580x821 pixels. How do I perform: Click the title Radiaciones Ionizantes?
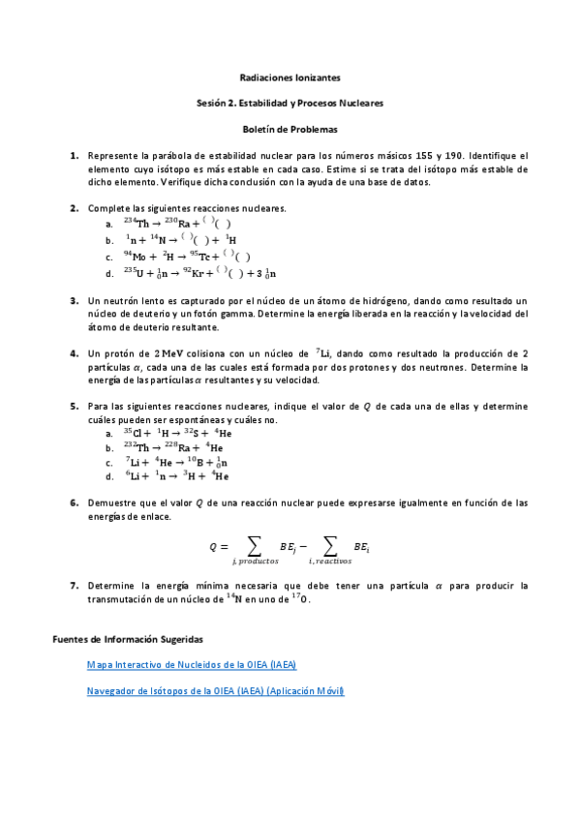click(x=290, y=76)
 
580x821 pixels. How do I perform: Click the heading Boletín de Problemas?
click(x=290, y=128)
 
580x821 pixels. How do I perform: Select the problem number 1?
click(x=74, y=156)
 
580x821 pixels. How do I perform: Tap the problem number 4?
click(x=74, y=354)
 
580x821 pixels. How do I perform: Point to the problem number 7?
click(x=74, y=587)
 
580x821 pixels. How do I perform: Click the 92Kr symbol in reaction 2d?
click(x=202, y=272)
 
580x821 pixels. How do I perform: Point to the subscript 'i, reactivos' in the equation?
click(x=330, y=562)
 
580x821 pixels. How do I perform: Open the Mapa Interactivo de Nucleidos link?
click(x=192, y=665)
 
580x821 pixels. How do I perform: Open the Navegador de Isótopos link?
click(x=215, y=691)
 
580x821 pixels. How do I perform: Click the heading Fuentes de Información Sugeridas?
click(x=126, y=639)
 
